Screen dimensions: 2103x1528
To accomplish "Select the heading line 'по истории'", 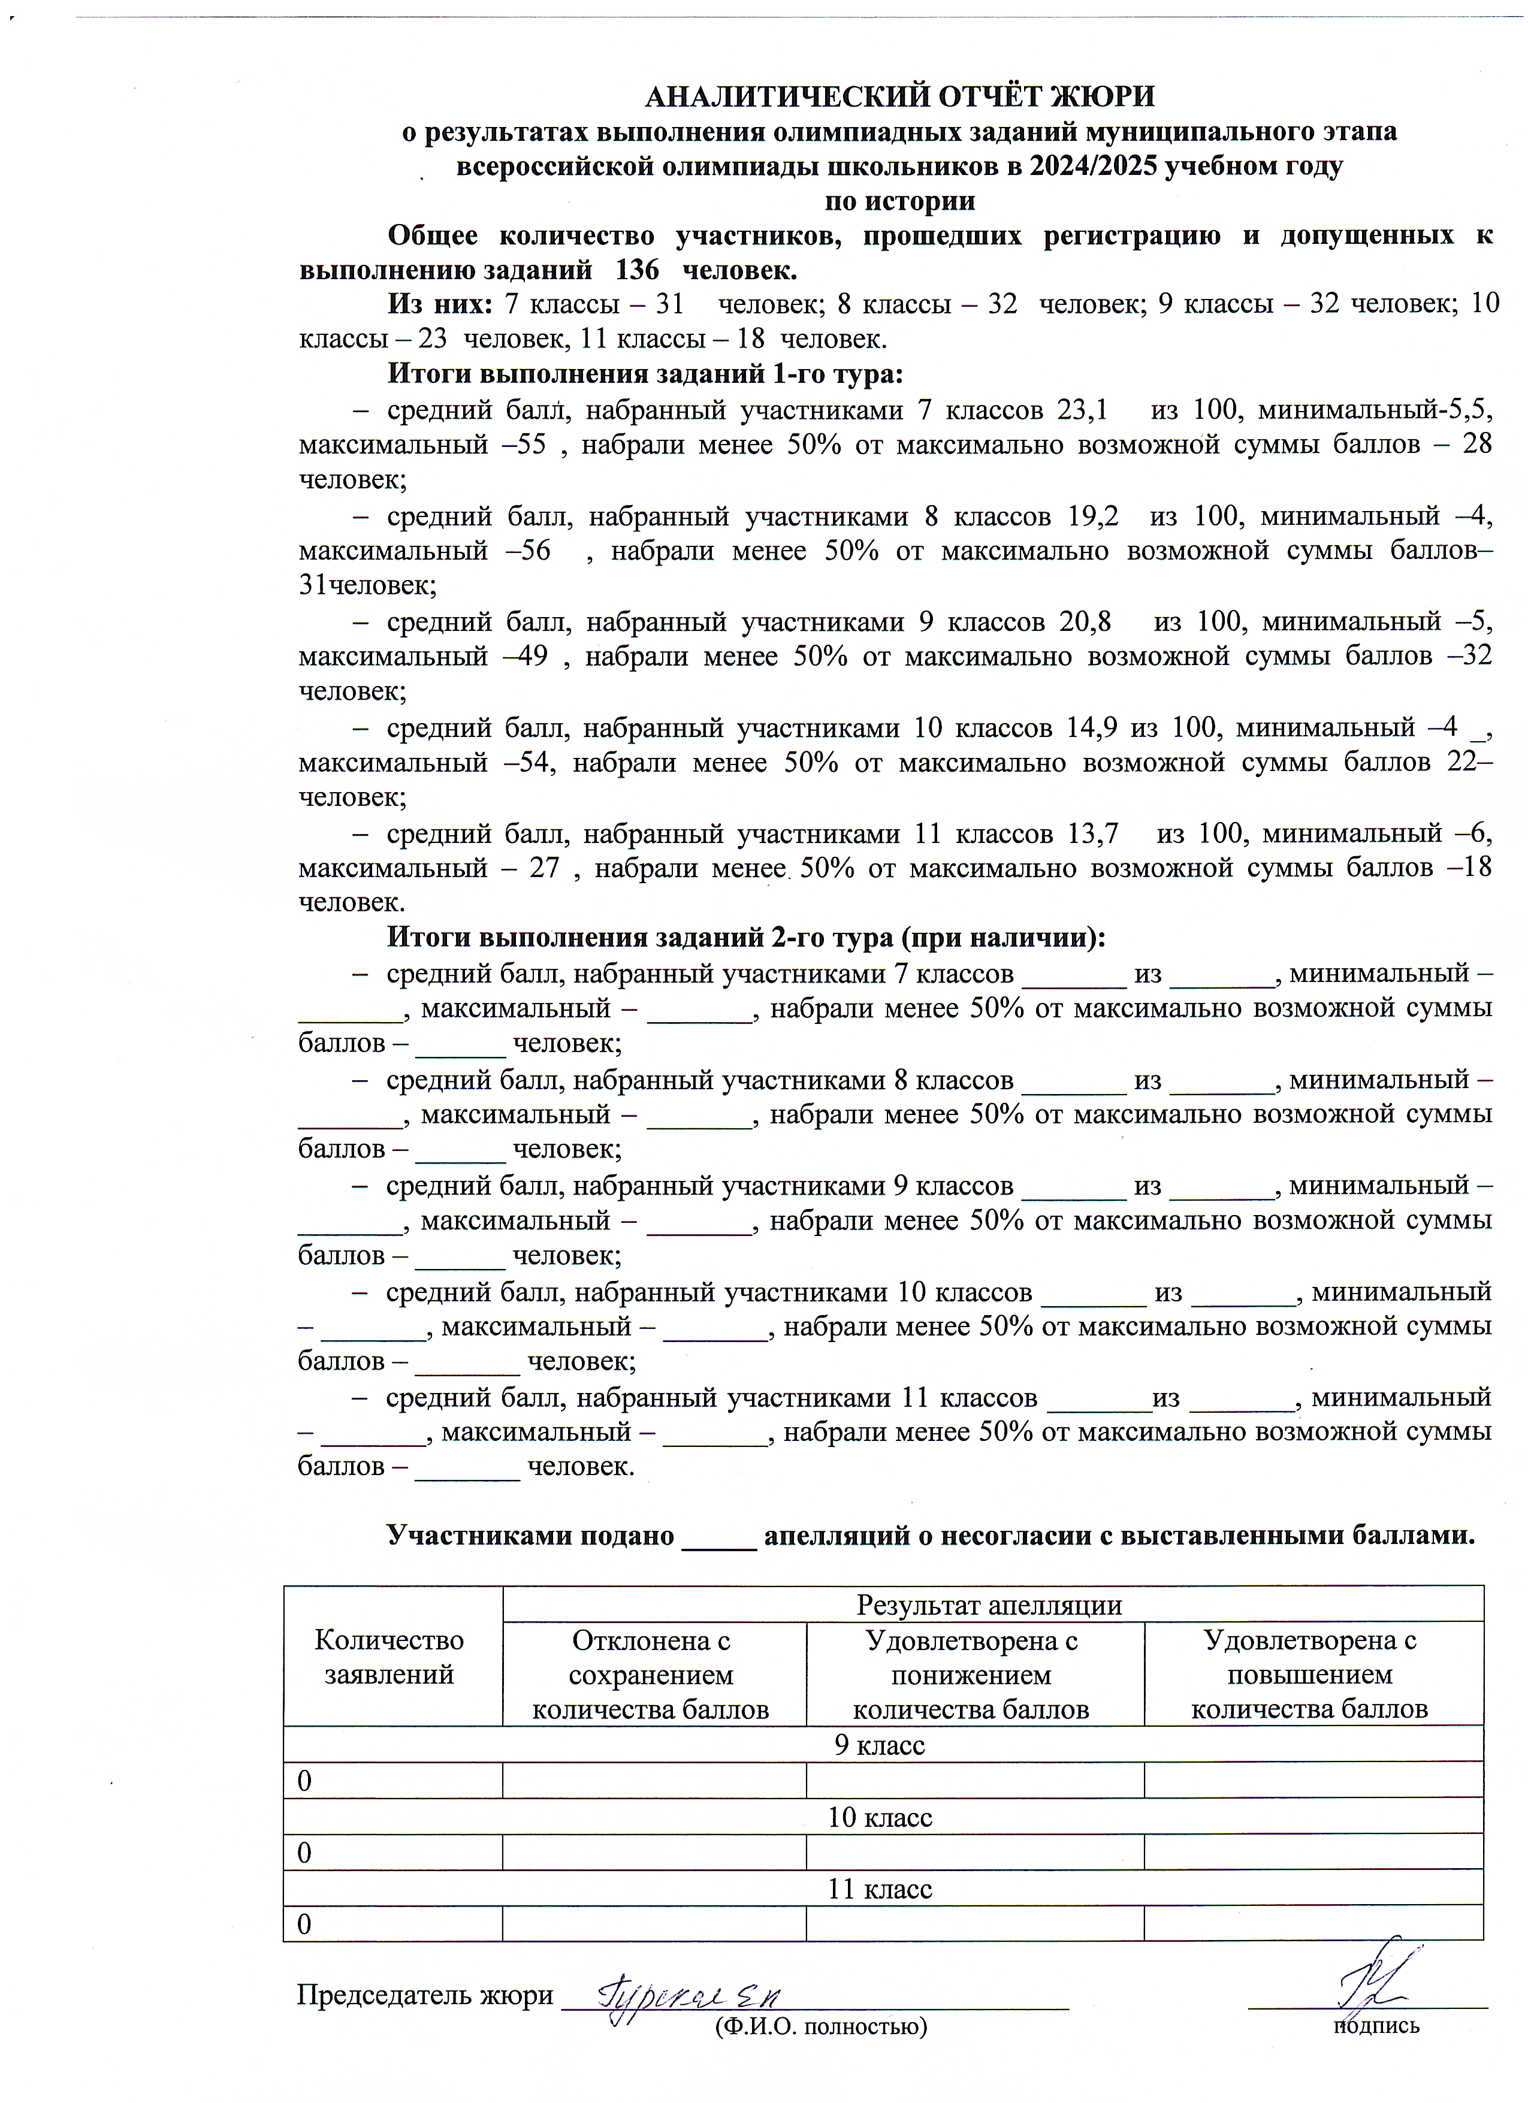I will pos(899,201).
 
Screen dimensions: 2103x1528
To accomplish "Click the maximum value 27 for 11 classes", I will pos(544,869).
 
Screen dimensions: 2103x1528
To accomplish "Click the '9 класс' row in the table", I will pos(879,1745).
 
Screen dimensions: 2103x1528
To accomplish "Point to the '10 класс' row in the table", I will pos(879,1817).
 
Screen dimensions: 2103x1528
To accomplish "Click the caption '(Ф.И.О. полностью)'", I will pos(820,2026).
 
